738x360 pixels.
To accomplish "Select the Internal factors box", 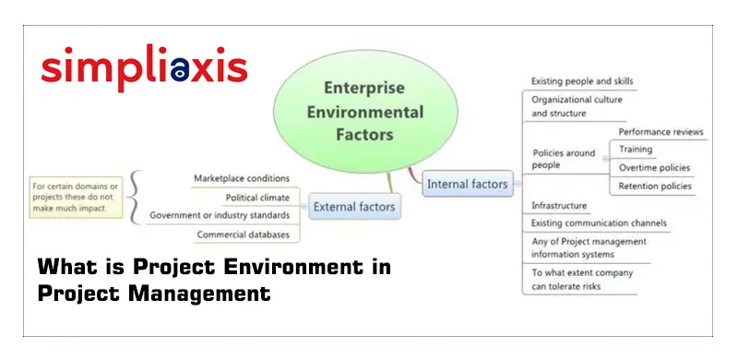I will (x=467, y=185).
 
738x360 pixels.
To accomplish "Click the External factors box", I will (x=354, y=207).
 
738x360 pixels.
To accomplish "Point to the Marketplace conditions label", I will (x=242, y=178).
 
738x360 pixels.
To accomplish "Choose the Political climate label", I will (x=257, y=198).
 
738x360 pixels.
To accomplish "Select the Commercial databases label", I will (x=244, y=234).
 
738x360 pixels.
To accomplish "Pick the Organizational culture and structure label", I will (x=577, y=106).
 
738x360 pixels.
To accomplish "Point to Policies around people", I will (x=564, y=158).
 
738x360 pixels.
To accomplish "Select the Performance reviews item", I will (x=660, y=132).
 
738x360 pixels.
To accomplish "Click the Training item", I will (x=636, y=150).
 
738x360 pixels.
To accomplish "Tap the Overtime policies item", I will (x=654, y=168).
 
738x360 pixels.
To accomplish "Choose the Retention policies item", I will (x=655, y=186).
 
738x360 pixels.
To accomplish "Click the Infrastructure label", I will (x=559, y=205).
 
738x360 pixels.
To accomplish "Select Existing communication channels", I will (x=599, y=223).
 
